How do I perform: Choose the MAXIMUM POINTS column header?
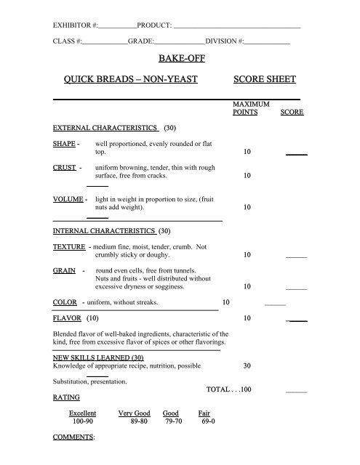247,109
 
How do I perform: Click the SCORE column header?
292,113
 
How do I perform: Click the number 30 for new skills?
247,365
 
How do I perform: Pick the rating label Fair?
204,413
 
